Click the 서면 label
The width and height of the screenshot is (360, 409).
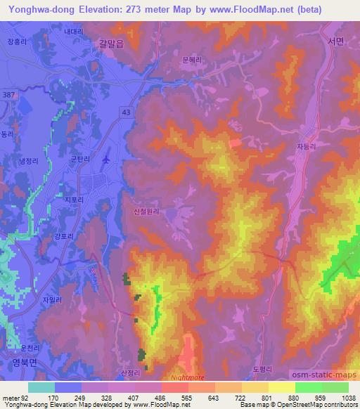(335, 41)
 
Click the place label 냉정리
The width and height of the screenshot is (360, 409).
(30, 162)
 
